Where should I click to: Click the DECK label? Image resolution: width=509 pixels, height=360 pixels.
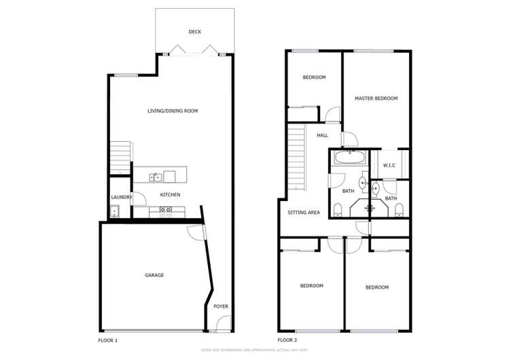pyautogui.click(x=195, y=32)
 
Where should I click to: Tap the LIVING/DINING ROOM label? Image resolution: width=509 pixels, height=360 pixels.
pyautogui.click(x=173, y=111)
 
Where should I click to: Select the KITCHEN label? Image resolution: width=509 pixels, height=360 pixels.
pyautogui.click(x=170, y=196)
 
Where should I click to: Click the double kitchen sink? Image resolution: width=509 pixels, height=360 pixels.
pyautogui.click(x=156, y=177)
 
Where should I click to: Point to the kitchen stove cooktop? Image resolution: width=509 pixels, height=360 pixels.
pyautogui.click(x=164, y=211)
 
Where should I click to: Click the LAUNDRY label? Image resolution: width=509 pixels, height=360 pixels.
pyautogui.click(x=121, y=198)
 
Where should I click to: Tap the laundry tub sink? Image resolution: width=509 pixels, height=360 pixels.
pyautogui.click(x=114, y=211)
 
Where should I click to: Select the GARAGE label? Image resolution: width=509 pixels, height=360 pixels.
pyautogui.click(x=154, y=275)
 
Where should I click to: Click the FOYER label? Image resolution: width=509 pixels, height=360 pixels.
pyautogui.click(x=221, y=306)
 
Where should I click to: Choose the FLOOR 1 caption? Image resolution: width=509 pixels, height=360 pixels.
pyautogui.click(x=108, y=340)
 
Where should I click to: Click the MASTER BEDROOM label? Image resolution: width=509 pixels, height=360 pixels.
pyautogui.click(x=376, y=98)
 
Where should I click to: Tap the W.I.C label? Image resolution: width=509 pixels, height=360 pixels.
pyautogui.click(x=389, y=165)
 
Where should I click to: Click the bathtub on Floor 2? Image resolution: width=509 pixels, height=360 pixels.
pyautogui.click(x=349, y=158)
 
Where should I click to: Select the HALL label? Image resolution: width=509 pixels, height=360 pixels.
pyautogui.click(x=322, y=135)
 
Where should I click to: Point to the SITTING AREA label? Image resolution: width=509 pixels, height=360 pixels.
pyautogui.click(x=304, y=213)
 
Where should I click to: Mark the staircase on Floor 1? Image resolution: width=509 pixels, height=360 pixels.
pyautogui.click(x=120, y=157)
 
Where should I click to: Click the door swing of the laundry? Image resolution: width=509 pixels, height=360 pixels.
pyautogui.click(x=138, y=199)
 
